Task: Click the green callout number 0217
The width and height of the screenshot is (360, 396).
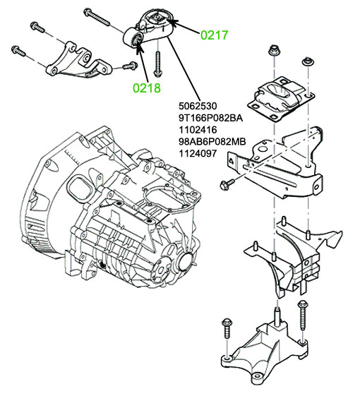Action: pyautogui.click(x=214, y=35)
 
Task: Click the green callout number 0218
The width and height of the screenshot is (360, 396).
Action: pyautogui.click(x=147, y=88)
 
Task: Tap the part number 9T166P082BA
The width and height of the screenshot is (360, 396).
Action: pyautogui.click(x=211, y=118)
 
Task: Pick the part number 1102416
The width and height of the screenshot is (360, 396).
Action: pyautogui.click(x=198, y=130)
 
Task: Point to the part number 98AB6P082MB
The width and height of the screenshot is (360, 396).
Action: pyautogui.click(x=212, y=141)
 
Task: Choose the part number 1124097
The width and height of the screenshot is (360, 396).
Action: pyautogui.click(x=198, y=153)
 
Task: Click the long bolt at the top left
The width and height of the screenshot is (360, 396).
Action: pyautogui.click(x=97, y=17)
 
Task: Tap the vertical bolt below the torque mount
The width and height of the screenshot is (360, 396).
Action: pyautogui.click(x=157, y=64)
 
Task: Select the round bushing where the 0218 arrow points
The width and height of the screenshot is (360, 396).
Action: pyautogui.click(x=137, y=40)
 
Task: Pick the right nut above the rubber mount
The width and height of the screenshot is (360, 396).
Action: pyautogui.click(x=308, y=62)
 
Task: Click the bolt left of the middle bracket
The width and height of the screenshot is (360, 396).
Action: pyautogui.click(x=227, y=184)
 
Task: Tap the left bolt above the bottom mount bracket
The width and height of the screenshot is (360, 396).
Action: pyautogui.click(x=227, y=328)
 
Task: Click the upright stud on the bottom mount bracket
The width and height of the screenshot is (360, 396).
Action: pyautogui.click(x=277, y=316)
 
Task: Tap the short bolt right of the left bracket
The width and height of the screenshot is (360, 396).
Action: pyautogui.click(x=130, y=66)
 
